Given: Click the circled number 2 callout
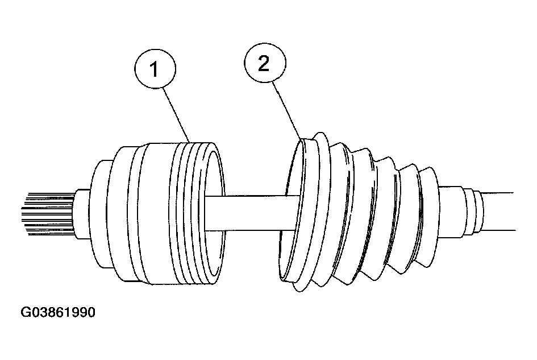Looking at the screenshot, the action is point(265,63).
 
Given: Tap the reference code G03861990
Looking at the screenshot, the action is point(58,312).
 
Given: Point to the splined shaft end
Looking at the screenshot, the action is point(48,215).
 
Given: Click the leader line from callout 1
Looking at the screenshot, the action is point(177,115).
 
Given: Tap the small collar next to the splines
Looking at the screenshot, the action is point(81,214).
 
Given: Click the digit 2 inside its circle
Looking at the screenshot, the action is point(264,64).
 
